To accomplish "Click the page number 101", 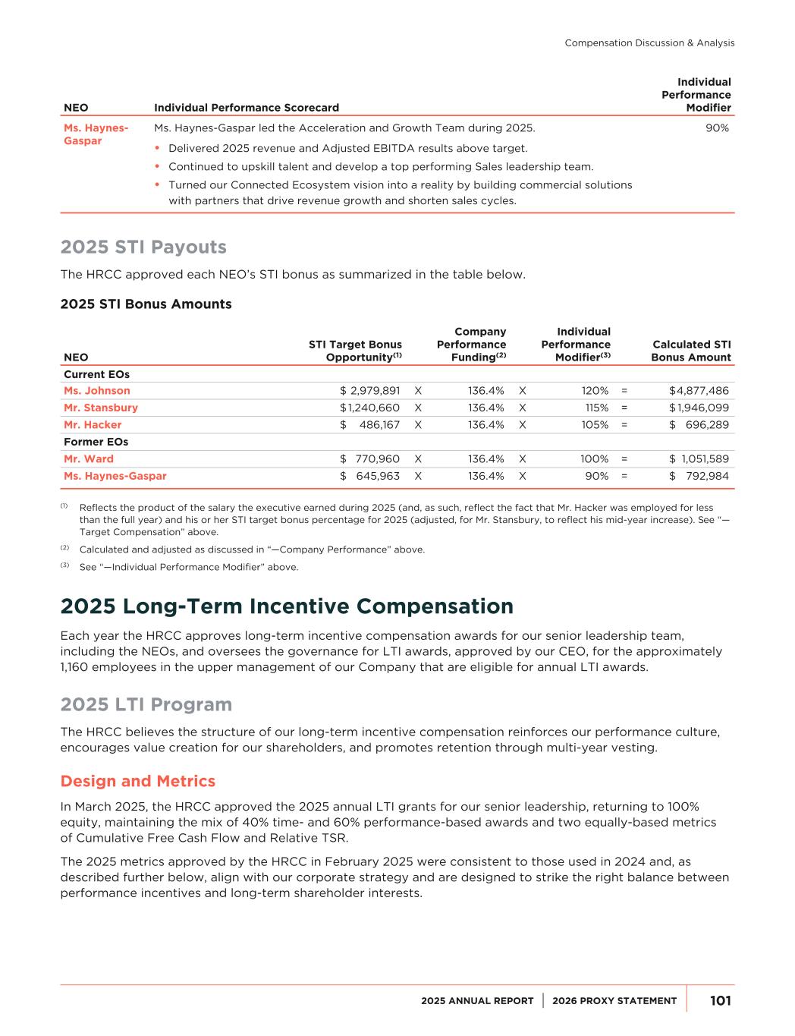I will [x=720, y=1001].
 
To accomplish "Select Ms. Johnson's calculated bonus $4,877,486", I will [x=699, y=391].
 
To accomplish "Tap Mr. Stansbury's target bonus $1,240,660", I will [x=370, y=408].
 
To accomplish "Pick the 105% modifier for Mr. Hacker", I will [x=595, y=425].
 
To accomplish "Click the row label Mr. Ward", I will [x=89, y=459].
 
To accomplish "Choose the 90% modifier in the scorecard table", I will [x=717, y=128].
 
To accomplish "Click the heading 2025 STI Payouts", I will [x=143, y=247].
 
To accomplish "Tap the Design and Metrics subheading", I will [x=137, y=782].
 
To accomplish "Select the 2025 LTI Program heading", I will [x=146, y=705].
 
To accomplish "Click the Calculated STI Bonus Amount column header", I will [x=691, y=351].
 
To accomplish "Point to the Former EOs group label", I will [x=96, y=442].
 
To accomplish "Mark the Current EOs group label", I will [x=96, y=374].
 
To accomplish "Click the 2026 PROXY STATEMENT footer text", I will [x=614, y=1001].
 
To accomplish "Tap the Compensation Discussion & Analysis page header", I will [x=649, y=43].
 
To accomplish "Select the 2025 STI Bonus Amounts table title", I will [x=146, y=304].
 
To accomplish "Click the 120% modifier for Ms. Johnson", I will [x=595, y=391].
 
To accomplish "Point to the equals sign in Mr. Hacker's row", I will [x=624, y=425].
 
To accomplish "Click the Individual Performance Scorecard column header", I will [x=247, y=108].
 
